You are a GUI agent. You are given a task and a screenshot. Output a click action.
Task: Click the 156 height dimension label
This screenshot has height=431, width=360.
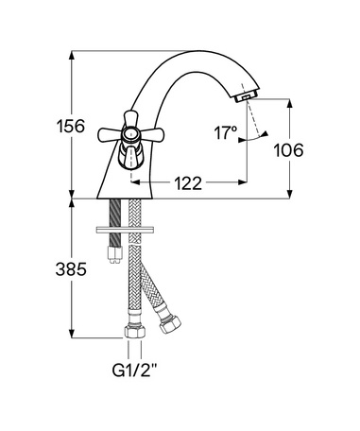point(71,126)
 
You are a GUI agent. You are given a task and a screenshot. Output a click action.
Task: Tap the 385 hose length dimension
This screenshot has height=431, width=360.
point(71,269)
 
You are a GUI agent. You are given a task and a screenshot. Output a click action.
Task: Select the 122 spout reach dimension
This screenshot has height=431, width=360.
point(188,183)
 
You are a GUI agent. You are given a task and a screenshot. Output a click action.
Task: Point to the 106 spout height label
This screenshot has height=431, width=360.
point(288,150)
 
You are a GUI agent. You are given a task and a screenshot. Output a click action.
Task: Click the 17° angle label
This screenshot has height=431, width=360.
point(226,132)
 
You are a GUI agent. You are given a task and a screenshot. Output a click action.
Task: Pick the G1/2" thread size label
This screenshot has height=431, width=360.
point(134,371)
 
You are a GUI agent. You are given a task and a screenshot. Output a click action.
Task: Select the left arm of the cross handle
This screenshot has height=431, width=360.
point(111,135)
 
